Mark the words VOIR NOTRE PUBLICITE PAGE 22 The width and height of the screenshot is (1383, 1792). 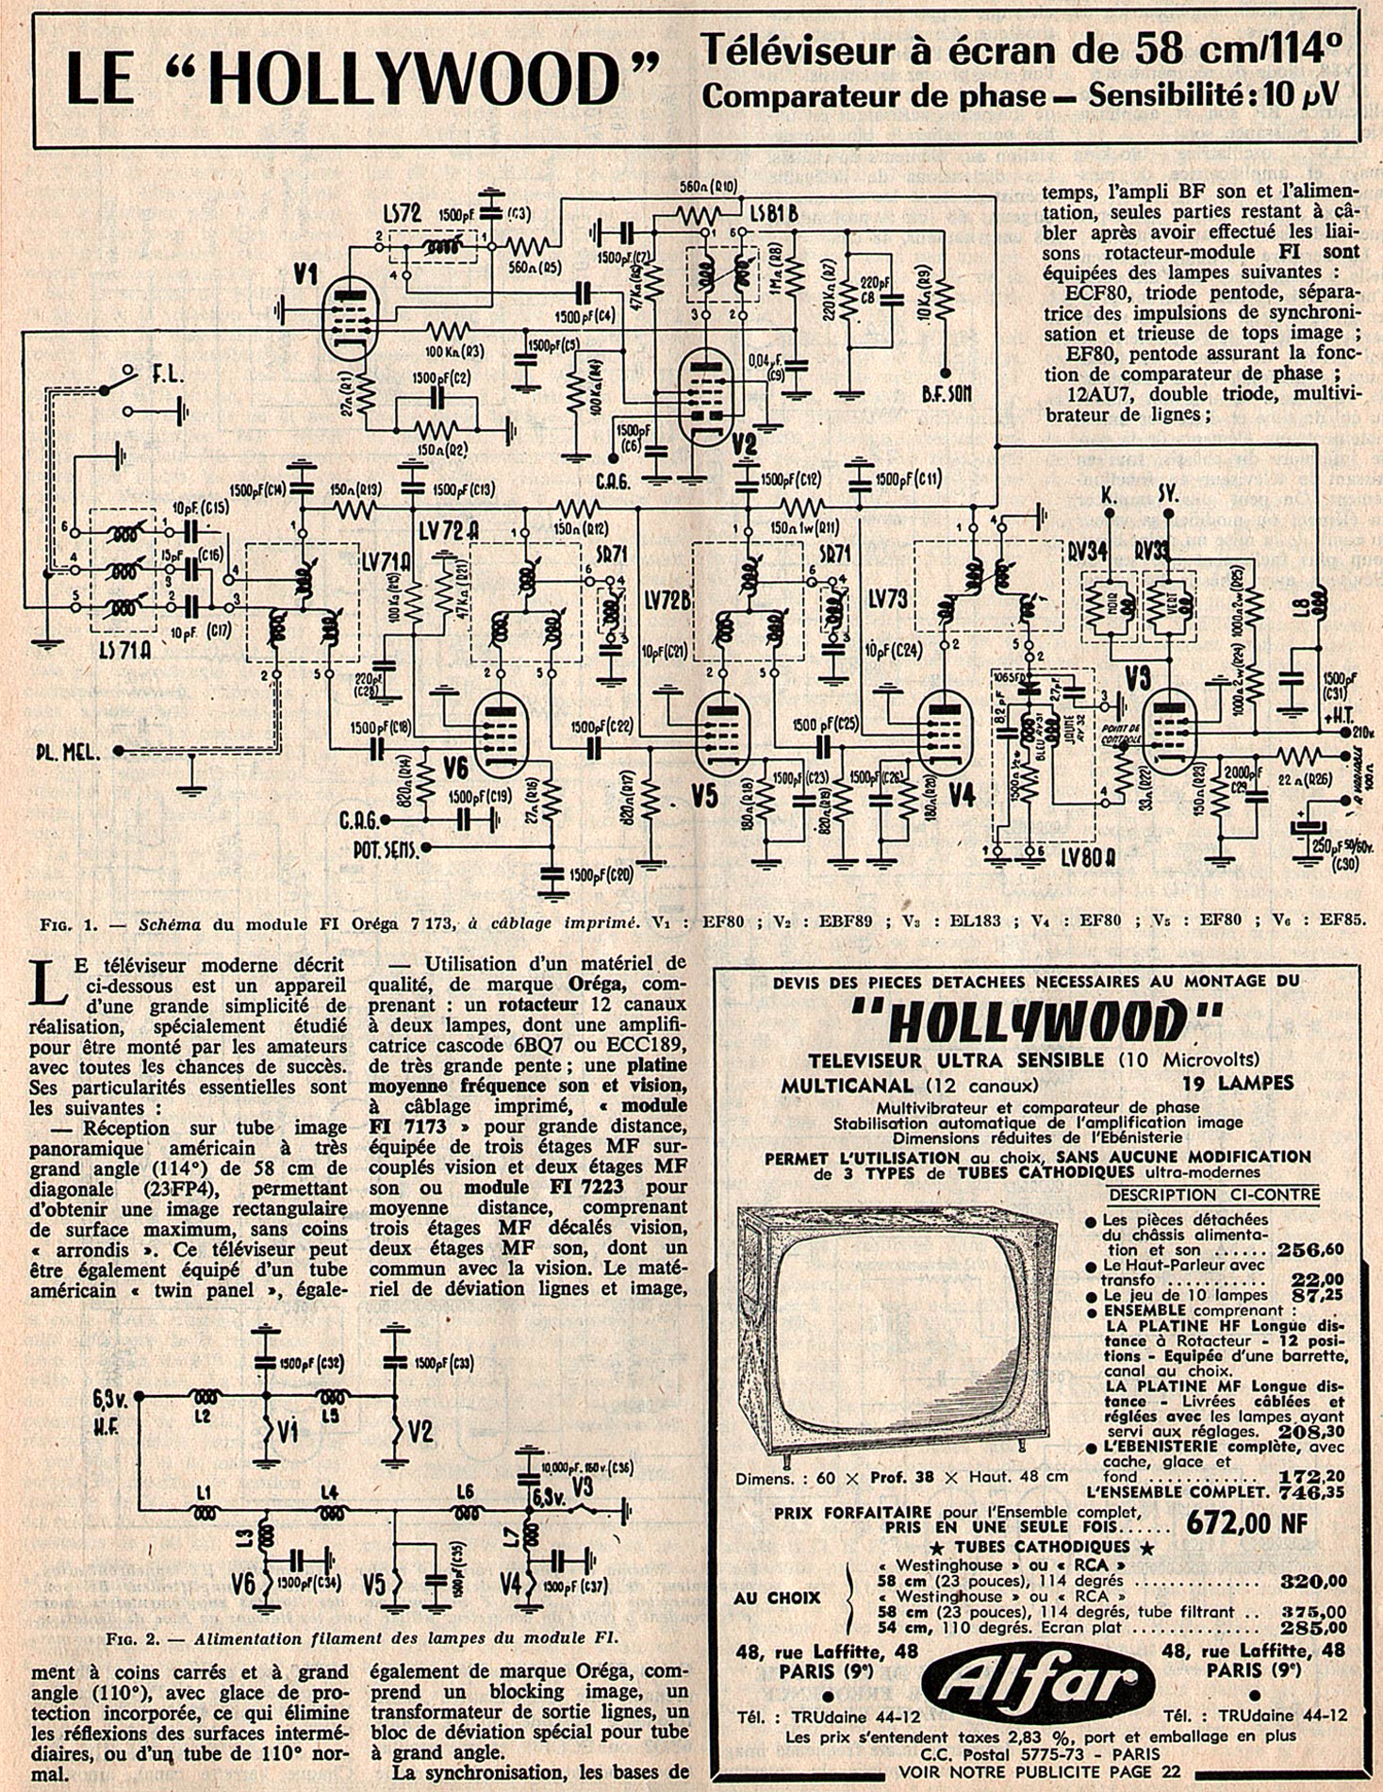click(x=1038, y=1772)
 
